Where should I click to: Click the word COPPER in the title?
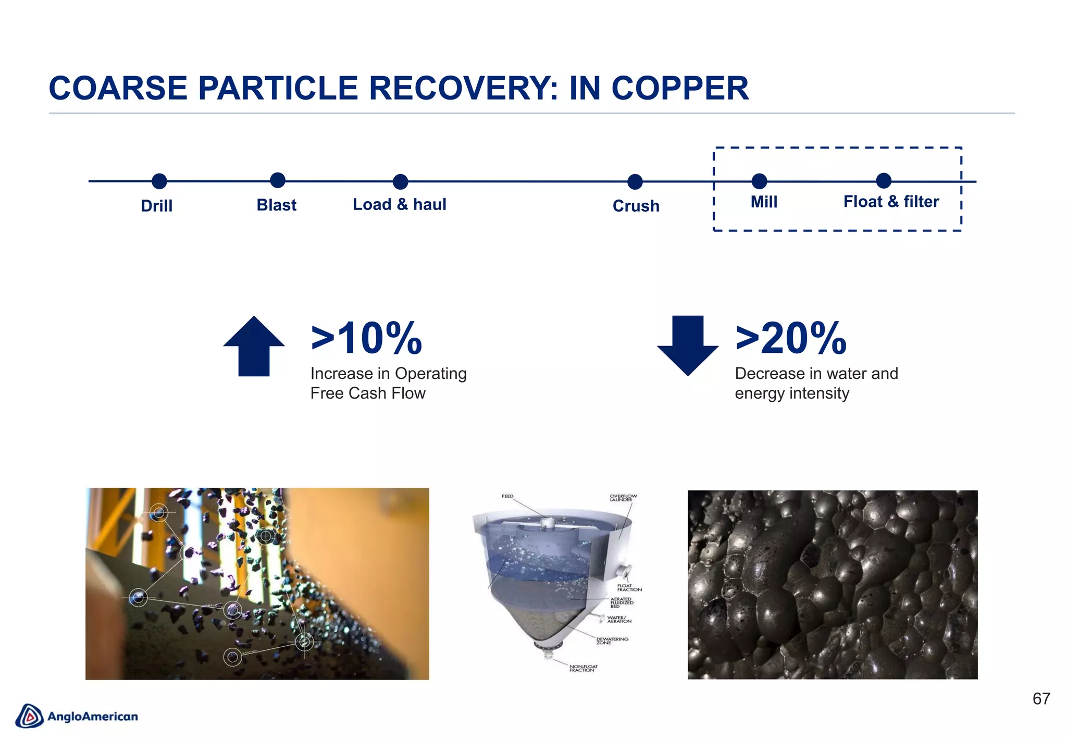coord(680,88)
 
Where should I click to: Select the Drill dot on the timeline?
coord(159,181)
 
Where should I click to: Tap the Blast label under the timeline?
coord(276,205)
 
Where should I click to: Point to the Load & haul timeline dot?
coord(400,181)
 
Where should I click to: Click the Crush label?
coord(636,206)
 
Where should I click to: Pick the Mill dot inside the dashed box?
coord(760,181)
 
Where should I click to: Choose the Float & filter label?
coord(891,202)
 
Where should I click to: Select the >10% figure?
coord(366,339)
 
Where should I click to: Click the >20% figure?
coord(791,339)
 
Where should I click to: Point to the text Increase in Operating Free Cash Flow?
coord(388,383)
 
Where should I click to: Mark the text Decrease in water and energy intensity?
coord(816,383)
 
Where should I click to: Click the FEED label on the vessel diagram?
coord(507,496)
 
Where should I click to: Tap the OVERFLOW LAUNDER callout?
coord(623,498)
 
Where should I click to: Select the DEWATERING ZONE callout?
coord(612,641)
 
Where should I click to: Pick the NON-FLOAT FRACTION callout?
coord(583,668)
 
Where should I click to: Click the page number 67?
coord(1041,699)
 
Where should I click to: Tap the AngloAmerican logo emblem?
coord(29,716)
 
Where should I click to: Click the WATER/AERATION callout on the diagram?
coord(619,619)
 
